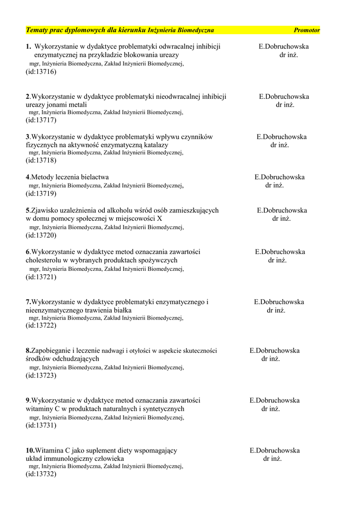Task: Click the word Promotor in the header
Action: pos(306,30)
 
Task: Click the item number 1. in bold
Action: pos(28,47)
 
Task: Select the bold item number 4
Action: pos(28,177)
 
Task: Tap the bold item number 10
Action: pos(30,450)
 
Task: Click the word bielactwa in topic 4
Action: pos(94,177)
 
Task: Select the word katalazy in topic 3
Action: pos(155,145)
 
